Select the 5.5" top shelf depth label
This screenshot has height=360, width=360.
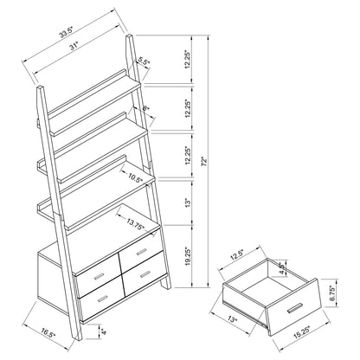point(144,61)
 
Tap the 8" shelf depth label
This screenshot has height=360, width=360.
point(145,108)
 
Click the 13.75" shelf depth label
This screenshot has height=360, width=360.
point(134,224)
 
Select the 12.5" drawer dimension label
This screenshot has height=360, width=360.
point(239,254)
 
